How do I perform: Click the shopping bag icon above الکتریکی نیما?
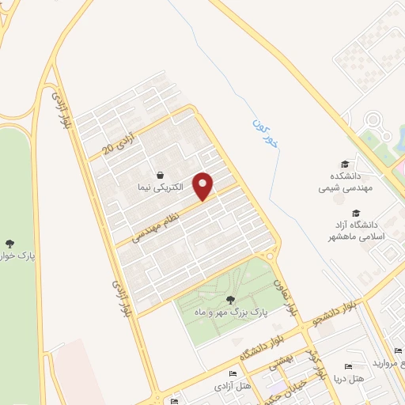coord(161,176)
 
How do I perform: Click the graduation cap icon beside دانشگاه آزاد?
coord(356,213)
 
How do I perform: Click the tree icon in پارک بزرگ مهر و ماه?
coord(231,299)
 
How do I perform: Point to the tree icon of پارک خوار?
coord(9,244)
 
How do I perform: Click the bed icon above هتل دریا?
coord(346,367)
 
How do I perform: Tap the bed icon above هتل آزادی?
coord(232,374)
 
